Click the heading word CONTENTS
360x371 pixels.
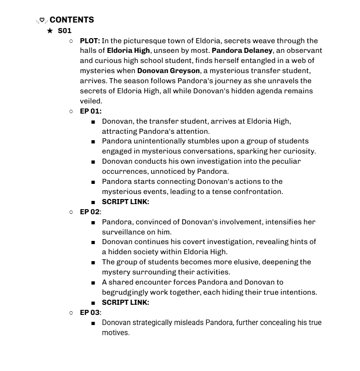pos(72,20)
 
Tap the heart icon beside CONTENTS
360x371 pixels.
pos(42,20)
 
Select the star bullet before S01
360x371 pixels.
pos(50,31)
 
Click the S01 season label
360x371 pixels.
pos(65,31)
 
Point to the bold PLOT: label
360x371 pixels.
pos(90,40)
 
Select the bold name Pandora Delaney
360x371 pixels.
pos(242,51)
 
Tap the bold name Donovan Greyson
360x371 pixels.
pos(169,71)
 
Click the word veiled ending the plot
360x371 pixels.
pos(90,101)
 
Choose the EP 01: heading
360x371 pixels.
pos(90,111)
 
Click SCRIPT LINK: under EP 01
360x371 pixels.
pos(125,202)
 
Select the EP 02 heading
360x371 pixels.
pos(90,212)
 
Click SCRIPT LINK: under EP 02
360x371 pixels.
pos(125,303)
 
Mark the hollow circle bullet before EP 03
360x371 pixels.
pos(71,313)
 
